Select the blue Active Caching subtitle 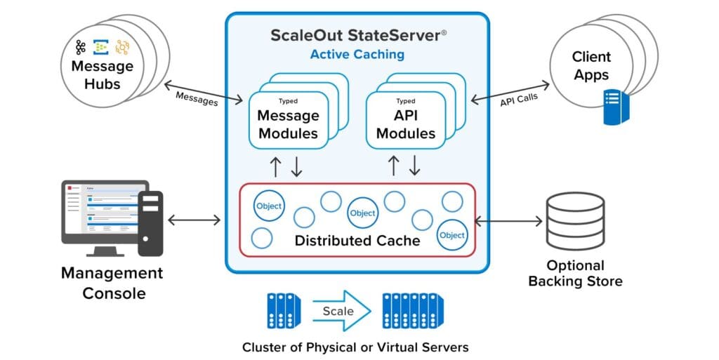coord(357,54)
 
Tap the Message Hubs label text coord(102,75)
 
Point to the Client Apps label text coord(591,66)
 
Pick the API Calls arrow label coord(519,99)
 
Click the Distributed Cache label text coord(357,241)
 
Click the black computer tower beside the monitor coord(150,223)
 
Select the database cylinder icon coord(575,222)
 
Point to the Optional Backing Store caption coord(575,274)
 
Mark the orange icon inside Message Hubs coord(123,47)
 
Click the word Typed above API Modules coord(405,101)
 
